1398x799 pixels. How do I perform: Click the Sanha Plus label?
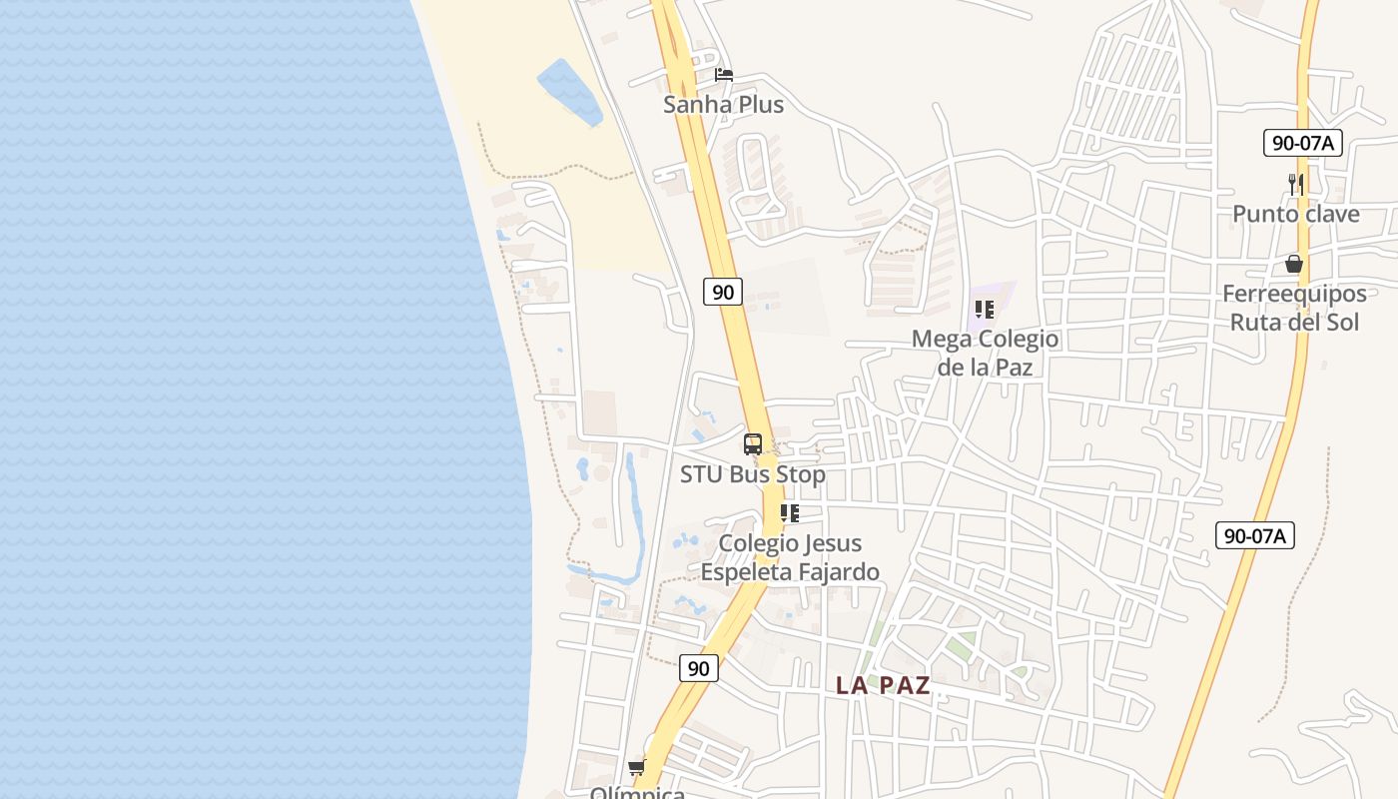tap(723, 105)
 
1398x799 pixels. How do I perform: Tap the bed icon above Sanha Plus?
tap(724, 75)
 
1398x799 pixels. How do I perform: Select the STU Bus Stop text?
tap(753, 474)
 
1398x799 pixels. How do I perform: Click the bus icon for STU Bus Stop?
tap(753, 444)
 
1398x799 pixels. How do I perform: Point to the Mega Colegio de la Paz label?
tap(985, 353)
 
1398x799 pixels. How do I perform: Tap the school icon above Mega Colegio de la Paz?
tap(985, 310)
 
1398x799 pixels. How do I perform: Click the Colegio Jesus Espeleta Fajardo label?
tap(790, 557)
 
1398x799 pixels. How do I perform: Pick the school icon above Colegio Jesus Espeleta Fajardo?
tap(790, 513)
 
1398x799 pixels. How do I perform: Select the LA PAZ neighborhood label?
tap(883, 685)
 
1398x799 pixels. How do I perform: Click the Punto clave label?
tap(1295, 214)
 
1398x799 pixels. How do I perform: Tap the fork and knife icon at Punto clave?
tap(1295, 184)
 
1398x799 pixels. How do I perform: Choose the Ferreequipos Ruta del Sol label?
tap(1294, 308)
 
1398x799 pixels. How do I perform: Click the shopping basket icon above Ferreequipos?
tap(1294, 265)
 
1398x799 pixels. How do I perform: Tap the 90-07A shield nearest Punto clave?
tap(1302, 143)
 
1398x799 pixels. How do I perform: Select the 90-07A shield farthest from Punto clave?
tap(1255, 535)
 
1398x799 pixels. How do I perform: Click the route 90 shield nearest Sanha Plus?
tap(723, 292)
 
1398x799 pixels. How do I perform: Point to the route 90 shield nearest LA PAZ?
tap(699, 668)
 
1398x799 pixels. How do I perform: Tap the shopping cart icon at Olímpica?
tap(636, 767)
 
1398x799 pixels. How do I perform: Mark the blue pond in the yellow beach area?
tap(569, 92)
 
